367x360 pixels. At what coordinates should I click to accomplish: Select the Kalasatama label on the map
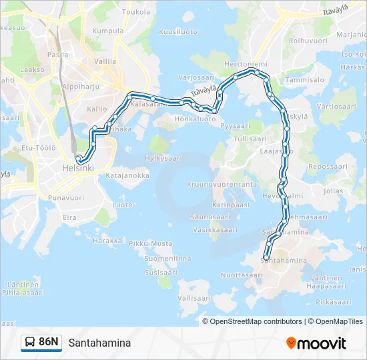(147, 104)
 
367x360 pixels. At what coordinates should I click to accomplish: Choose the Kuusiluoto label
(178, 31)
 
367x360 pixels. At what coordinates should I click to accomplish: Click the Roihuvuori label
(306, 40)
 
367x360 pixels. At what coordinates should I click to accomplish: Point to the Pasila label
(58, 55)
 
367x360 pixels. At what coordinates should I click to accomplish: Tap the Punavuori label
(66, 197)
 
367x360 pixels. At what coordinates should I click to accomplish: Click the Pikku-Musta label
(150, 243)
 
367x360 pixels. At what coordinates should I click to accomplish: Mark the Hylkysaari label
(163, 158)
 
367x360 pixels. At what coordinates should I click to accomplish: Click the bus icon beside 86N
(30, 343)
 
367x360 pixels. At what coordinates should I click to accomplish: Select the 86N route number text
(49, 343)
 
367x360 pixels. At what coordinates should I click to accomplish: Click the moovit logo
(316, 343)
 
